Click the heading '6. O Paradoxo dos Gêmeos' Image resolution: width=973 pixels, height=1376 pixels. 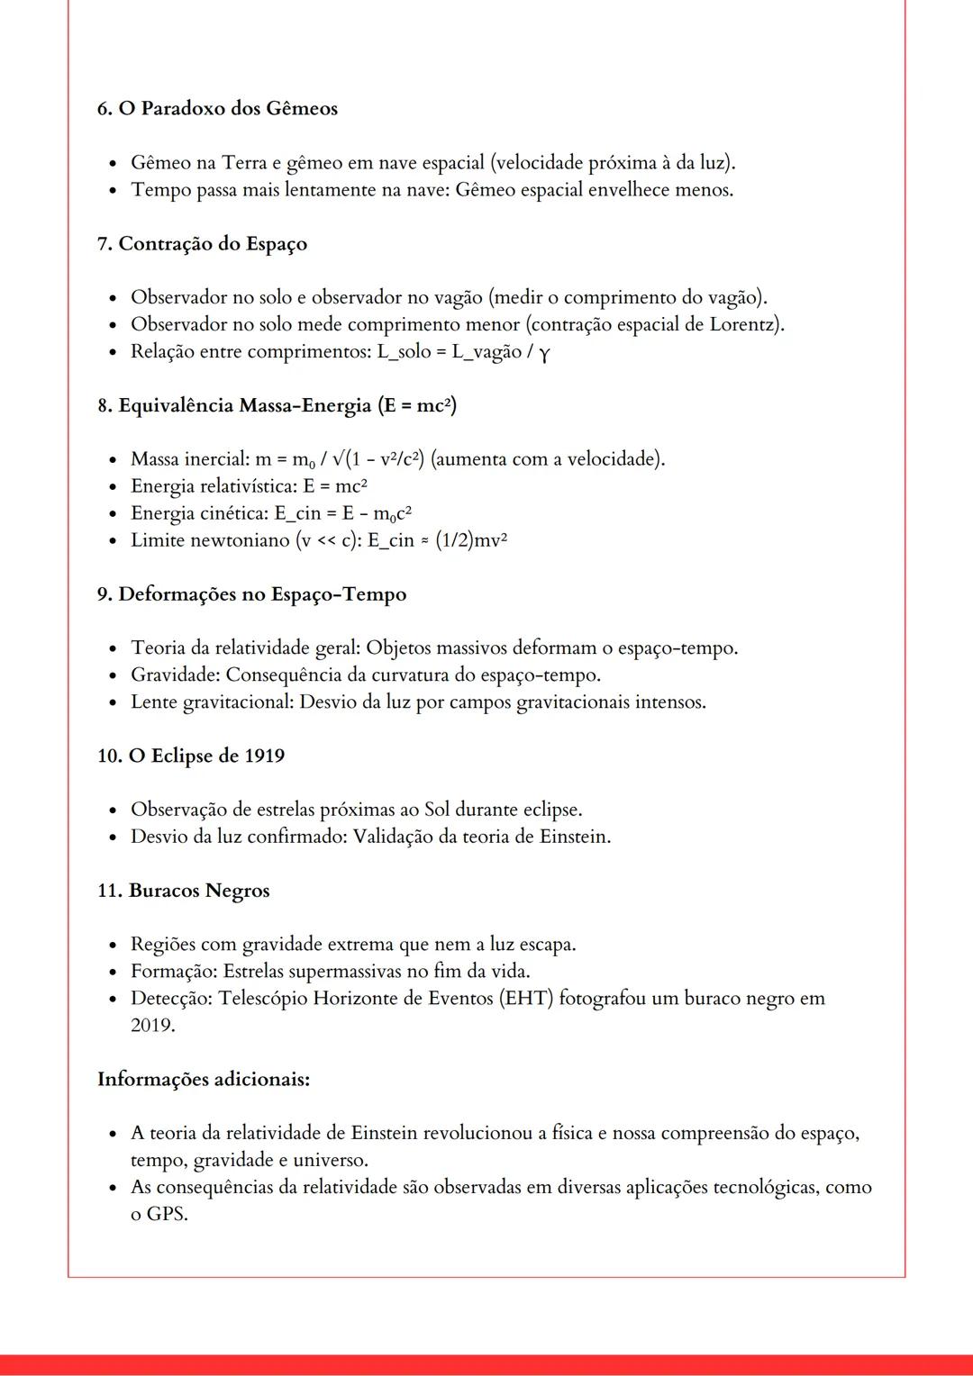pos(217,109)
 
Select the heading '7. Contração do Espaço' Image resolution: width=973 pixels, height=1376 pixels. pos(202,244)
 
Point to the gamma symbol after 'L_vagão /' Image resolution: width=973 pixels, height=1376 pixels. pos(544,353)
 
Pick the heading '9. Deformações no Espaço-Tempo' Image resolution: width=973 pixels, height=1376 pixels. pos(251,594)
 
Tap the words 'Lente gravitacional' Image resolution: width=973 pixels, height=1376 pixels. pos(211,702)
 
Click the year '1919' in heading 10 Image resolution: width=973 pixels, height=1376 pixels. pos(264,756)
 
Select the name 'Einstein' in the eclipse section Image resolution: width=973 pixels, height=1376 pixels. pos(572,837)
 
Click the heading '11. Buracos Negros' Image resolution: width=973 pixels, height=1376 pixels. pos(183,891)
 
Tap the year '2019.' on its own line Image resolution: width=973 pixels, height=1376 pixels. pos(152,1026)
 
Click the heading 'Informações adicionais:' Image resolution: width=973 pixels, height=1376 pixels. pos(204,1079)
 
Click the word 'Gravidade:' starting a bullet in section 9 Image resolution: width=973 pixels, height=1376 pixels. pos(175,674)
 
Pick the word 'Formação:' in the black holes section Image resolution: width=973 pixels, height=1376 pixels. pos(174,972)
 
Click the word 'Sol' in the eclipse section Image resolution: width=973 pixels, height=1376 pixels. pos(437,810)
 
